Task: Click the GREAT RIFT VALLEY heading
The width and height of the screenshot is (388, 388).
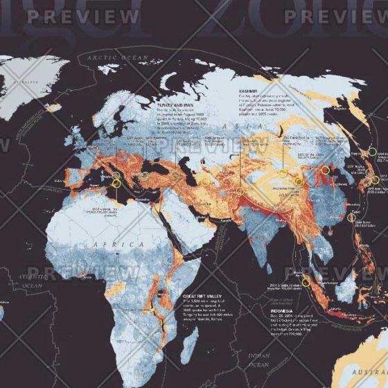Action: click(204, 294)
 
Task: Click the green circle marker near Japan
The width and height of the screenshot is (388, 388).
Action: click(373, 151)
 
